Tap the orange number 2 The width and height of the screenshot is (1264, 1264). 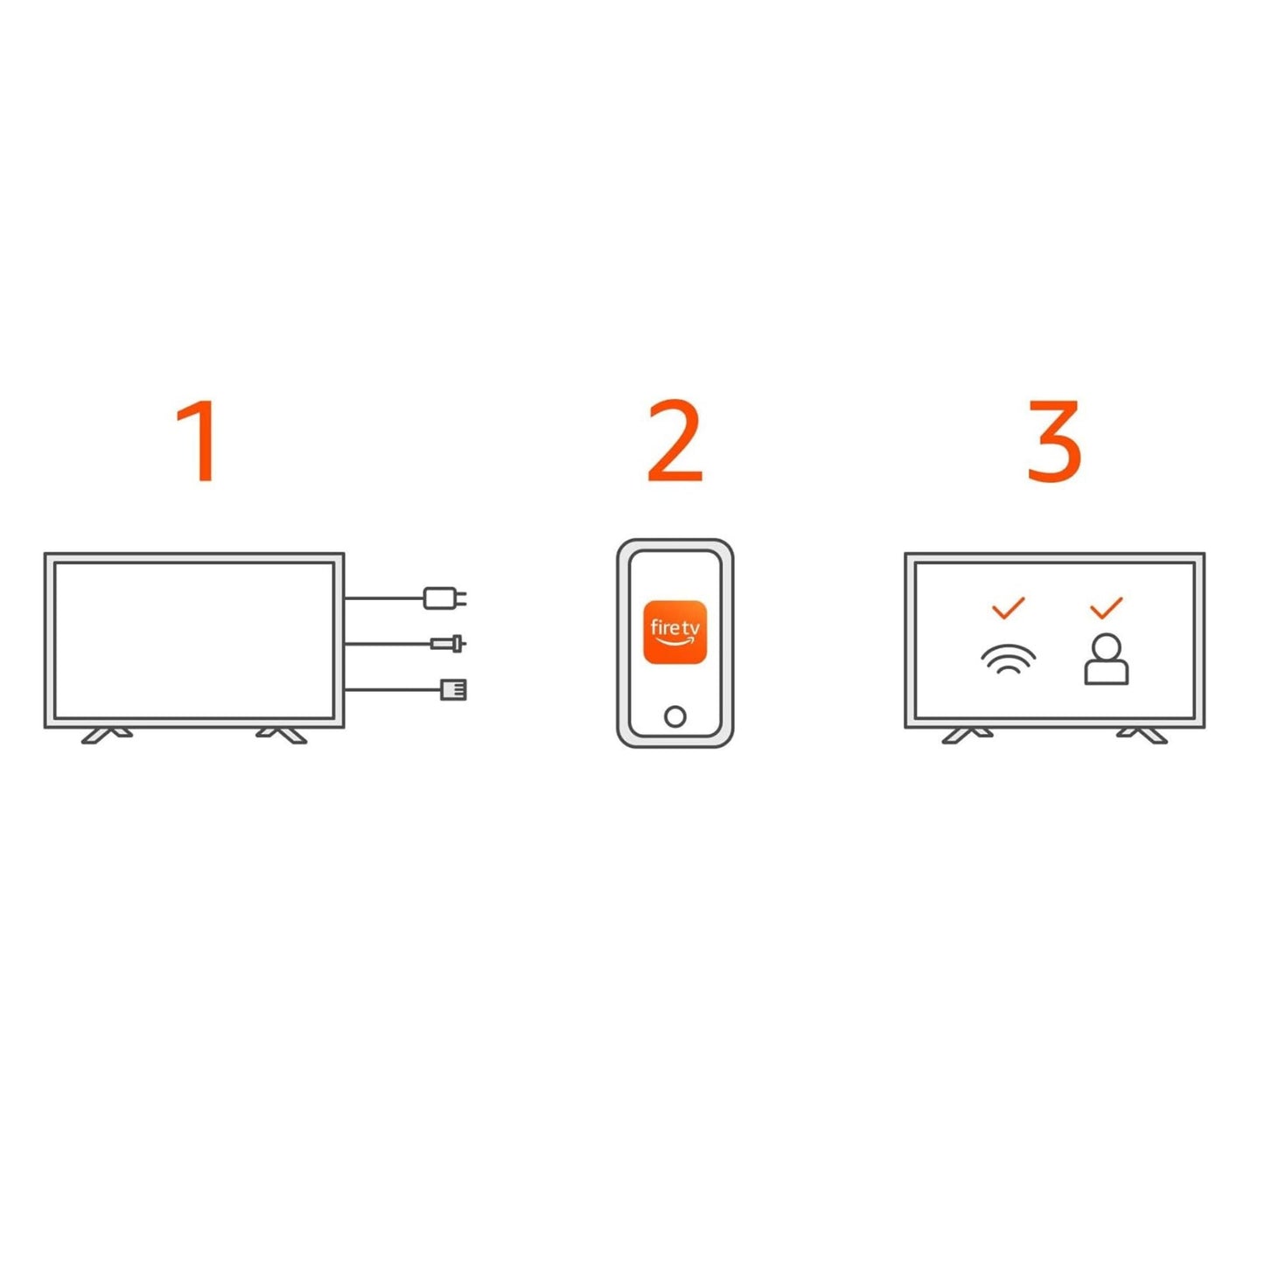[674, 441]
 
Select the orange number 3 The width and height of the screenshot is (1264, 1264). [1054, 441]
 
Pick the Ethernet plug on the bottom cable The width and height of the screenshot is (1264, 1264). [453, 689]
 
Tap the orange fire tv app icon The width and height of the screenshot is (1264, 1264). [674, 632]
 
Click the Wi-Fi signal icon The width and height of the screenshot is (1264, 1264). [1008, 659]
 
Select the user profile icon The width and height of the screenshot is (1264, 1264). [1107, 660]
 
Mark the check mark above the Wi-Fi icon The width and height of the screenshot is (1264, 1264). [1008, 607]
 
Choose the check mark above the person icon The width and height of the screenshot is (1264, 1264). [1107, 607]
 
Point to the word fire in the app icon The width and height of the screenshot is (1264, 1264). [664, 627]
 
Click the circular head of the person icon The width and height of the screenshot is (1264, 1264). [1107, 647]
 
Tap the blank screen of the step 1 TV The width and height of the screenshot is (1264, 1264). [193, 639]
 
